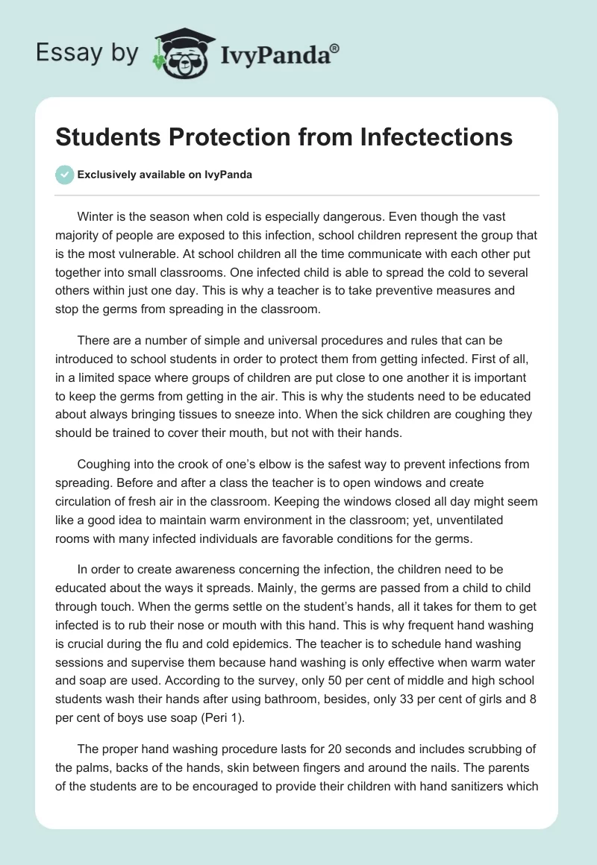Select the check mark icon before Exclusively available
pyautogui.click(x=64, y=174)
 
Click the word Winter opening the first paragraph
pyautogui.click(x=96, y=217)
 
